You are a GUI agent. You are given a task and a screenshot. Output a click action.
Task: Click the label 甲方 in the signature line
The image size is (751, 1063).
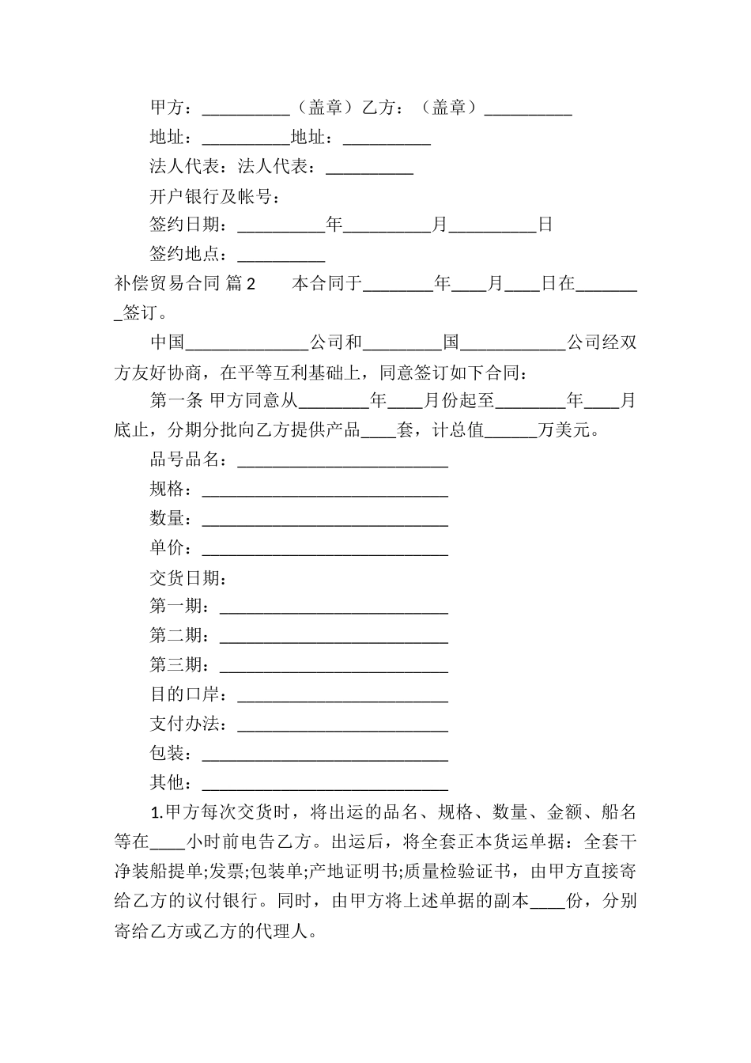[x=167, y=108]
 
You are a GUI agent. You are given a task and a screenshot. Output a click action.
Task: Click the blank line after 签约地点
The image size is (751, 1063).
[x=281, y=257]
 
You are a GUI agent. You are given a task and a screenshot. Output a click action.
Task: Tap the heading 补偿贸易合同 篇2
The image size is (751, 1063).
[x=185, y=284]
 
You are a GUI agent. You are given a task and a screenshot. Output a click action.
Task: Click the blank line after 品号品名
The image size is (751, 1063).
[x=342, y=462]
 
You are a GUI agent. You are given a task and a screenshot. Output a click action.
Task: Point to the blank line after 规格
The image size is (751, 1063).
[x=325, y=491]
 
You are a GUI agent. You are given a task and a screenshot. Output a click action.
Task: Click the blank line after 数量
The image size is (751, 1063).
[x=325, y=520]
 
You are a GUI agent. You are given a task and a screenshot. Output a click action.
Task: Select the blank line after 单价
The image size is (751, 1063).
[x=325, y=550]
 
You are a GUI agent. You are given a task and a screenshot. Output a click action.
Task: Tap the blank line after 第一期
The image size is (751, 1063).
[x=334, y=608]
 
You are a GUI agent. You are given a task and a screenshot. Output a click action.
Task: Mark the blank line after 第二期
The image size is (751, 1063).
[x=334, y=637]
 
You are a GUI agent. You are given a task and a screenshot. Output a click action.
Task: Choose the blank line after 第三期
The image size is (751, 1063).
[x=334, y=667]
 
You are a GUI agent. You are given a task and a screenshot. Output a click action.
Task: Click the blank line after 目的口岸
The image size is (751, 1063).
[x=342, y=696]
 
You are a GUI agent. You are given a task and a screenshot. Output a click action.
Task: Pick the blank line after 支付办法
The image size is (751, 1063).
[x=342, y=725]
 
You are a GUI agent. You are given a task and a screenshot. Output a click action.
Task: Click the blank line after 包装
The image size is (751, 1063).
[x=325, y=755]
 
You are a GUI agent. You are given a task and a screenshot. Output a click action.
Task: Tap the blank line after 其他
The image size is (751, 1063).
[x=325, y=784]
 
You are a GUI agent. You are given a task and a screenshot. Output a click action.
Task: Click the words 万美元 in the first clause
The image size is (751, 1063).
[x=563, y=431]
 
